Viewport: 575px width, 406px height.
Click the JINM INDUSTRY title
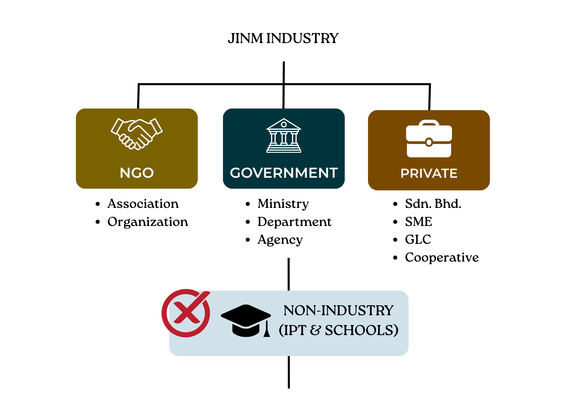283,38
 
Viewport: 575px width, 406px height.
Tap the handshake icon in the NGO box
137,134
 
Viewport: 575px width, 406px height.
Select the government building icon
284,136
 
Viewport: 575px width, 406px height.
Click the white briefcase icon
429,139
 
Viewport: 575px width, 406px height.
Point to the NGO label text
137,173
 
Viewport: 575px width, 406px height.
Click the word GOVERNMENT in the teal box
284,173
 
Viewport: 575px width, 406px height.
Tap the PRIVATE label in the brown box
429,173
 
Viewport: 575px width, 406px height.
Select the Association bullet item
143,204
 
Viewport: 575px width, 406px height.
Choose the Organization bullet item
147,222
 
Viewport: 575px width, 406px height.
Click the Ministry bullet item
283,204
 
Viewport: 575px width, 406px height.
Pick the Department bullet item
294,222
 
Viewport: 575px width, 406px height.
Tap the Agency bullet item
280,240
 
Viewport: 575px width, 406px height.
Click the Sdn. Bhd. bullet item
433,204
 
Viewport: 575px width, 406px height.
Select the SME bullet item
418,222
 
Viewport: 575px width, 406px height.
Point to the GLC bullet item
418,239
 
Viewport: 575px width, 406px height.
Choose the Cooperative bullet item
442,258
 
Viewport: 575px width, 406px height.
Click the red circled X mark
186,313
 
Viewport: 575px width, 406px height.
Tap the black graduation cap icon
246,320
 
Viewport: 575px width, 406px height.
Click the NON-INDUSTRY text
338,311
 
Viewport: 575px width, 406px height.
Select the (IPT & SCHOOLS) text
338,330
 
